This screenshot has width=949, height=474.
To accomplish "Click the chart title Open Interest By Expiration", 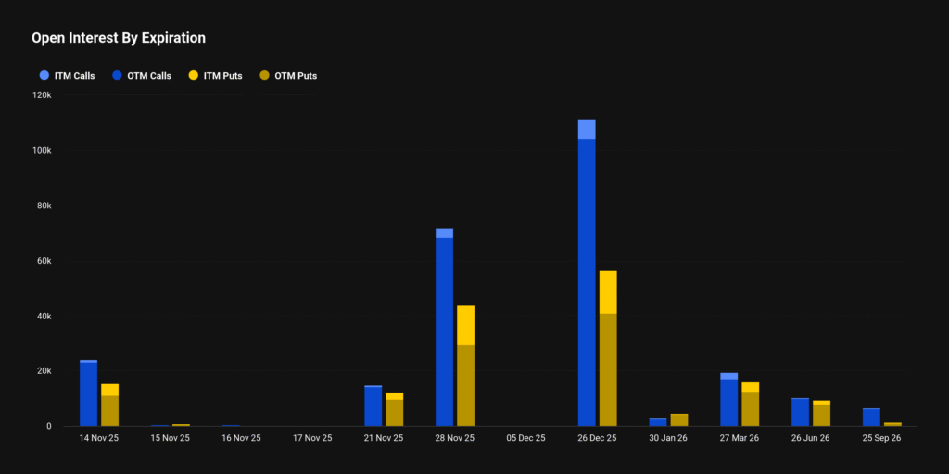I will coord(119,38).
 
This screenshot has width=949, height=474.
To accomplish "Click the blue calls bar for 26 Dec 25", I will coord(586,278).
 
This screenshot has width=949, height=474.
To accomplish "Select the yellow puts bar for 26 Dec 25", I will coord(608,352).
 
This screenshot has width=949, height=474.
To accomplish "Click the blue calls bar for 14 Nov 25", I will coord(88,394).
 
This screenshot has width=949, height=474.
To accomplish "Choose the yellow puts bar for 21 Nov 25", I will coord(395,410).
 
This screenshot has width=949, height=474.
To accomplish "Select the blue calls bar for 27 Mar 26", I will coord(728,401).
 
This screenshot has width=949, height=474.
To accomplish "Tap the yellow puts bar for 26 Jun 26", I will coord(821,414).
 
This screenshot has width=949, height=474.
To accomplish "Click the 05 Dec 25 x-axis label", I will coord(526,438).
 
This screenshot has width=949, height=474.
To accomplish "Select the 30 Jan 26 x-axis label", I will coord(668,438).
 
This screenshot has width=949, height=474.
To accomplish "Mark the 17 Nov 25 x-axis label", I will coord(312,438).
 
